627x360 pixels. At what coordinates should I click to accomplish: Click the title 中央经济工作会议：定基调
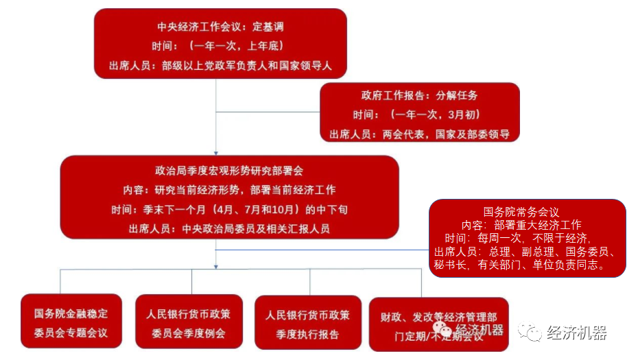click(x=220, y=27)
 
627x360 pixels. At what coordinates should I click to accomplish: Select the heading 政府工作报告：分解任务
click(x=419, y=95)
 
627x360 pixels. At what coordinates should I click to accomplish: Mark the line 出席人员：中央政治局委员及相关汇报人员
click(x=229, y=228)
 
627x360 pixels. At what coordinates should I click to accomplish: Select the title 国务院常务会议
click(x=526, y=213)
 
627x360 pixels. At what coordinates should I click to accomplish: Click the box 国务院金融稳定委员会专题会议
click(x=71, y=323)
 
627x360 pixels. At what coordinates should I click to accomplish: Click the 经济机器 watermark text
click(x=576, y=333)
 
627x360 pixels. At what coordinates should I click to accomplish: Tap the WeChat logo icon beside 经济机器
click(x=529, y=333)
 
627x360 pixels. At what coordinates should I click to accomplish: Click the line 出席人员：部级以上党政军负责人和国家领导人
click(x=220, y=66)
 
